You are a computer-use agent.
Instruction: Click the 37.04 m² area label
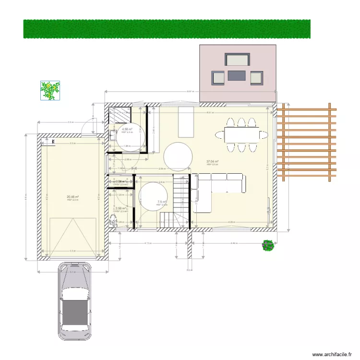click(212, 162)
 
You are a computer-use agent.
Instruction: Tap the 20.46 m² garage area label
click(73, 196)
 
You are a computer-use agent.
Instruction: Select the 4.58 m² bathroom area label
click(127, 129)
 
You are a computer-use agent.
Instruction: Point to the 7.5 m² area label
click(162, 202)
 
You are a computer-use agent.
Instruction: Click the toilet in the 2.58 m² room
click(113, 220)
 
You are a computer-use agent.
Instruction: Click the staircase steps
click(179, 202)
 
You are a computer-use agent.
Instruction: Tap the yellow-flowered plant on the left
click(50, 90)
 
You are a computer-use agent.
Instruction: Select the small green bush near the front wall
click(268, 245)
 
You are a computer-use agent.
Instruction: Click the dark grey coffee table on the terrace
click(237, 75)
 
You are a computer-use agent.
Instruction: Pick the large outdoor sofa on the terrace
click(237, 60)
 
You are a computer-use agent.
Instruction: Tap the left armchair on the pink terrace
click(218, 78)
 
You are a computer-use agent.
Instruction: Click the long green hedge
click(167, 29)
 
